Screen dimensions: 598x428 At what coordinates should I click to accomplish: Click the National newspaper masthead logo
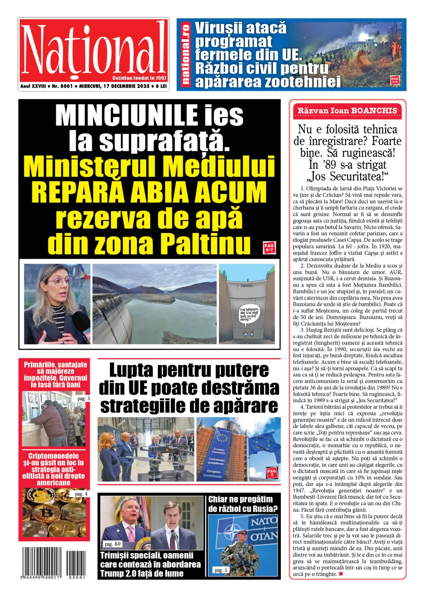tap(93, 50)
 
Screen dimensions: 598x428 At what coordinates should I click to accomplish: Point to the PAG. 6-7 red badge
tap(269, 247)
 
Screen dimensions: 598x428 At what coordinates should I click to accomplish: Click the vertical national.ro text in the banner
tap(185, 55)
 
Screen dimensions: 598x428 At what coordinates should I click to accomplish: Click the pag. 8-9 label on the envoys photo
tap(113, 544)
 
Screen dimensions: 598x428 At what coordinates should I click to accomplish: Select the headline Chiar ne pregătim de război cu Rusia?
tap(243, 504)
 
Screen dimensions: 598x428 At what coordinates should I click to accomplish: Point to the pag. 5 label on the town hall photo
tap(84, 398)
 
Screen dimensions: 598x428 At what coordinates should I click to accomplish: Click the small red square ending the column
tap(341, 574)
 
